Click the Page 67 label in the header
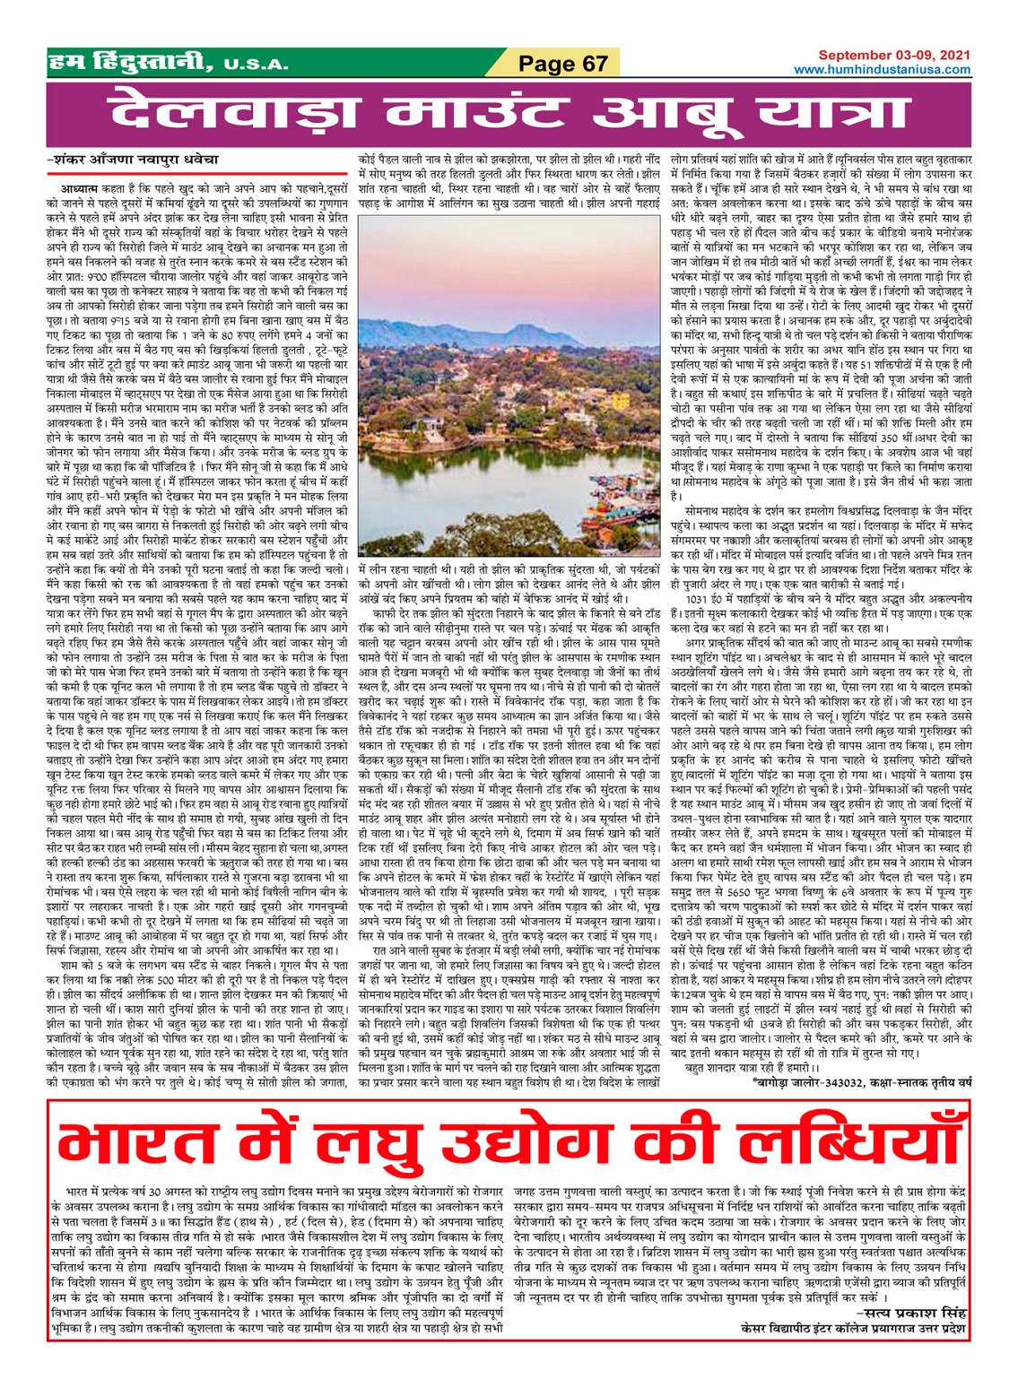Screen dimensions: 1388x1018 click(563, 64)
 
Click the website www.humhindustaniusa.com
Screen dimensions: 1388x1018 click(882, 70)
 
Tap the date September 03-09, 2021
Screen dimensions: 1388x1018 click(893, 56)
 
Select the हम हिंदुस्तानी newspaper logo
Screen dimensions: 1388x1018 click(130, 63)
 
